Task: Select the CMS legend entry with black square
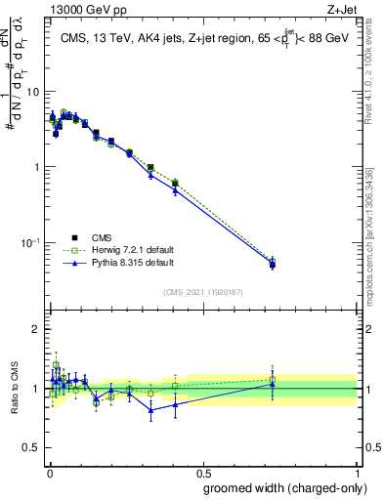tap(98, 237)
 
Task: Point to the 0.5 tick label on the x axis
tap(201, 474)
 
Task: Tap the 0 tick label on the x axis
tap(47, 474)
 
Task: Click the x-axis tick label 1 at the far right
tap(357, 474)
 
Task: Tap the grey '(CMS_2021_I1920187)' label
tap(202, 292)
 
